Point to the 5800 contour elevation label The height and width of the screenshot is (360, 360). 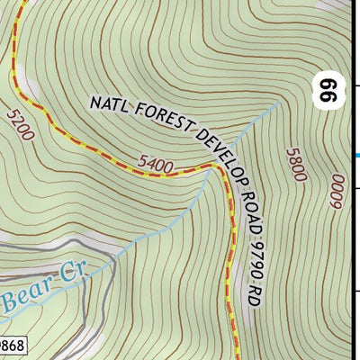pos(294,165)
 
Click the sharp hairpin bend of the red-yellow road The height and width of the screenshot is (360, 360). pos(216,168)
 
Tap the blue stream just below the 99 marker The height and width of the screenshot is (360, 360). pos(270,112)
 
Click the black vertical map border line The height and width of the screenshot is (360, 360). pos(350,225)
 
